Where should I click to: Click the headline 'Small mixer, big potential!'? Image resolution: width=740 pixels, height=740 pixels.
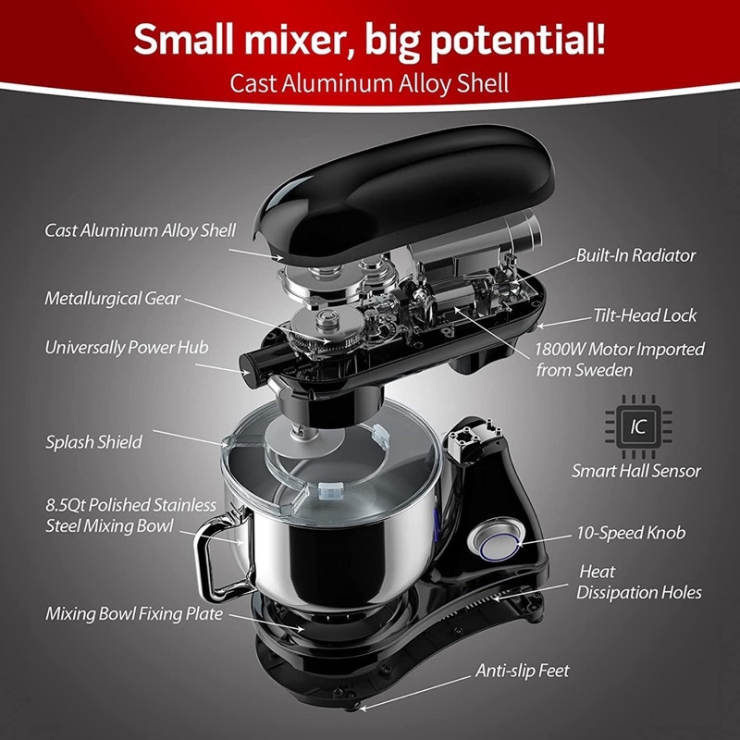point(369,40)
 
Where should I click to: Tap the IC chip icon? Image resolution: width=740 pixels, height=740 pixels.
point(638,426)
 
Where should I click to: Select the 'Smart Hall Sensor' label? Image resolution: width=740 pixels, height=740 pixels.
point(636,471)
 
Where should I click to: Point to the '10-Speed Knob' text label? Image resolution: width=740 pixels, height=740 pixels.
point(631,533)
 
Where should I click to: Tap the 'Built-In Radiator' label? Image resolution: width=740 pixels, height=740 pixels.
point(635,255)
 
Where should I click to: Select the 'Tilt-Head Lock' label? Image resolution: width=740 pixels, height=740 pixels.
point(645,315)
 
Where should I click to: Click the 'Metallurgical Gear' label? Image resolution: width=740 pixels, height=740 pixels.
point(112,299)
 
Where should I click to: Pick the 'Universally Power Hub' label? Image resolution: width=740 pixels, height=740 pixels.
point(127,348)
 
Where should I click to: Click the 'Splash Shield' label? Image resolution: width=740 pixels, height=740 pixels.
point(93,442)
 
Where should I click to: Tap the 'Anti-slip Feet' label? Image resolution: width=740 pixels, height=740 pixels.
point(522,671)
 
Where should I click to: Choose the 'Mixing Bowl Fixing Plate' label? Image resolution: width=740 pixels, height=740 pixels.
point(134,613)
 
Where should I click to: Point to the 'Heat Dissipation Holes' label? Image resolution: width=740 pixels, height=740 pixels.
point(639,582)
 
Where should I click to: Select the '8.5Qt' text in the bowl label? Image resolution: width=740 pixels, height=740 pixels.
point(65,505)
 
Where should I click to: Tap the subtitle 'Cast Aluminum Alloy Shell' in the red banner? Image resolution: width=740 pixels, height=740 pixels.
point(369,83)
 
